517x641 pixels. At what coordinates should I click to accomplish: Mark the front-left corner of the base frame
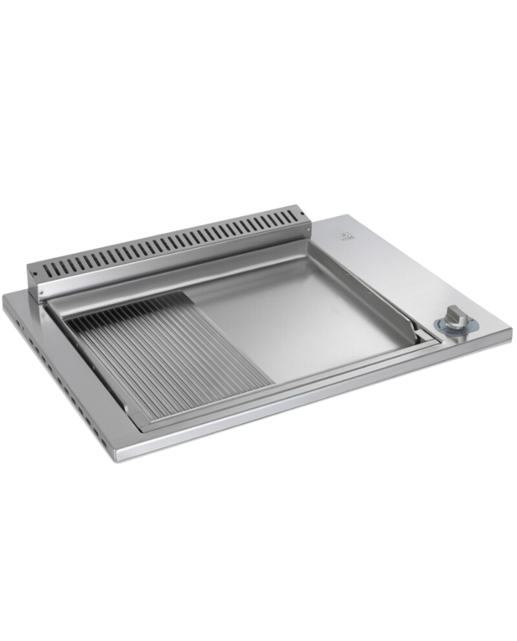116,459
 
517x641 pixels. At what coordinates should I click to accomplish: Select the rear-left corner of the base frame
6,294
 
